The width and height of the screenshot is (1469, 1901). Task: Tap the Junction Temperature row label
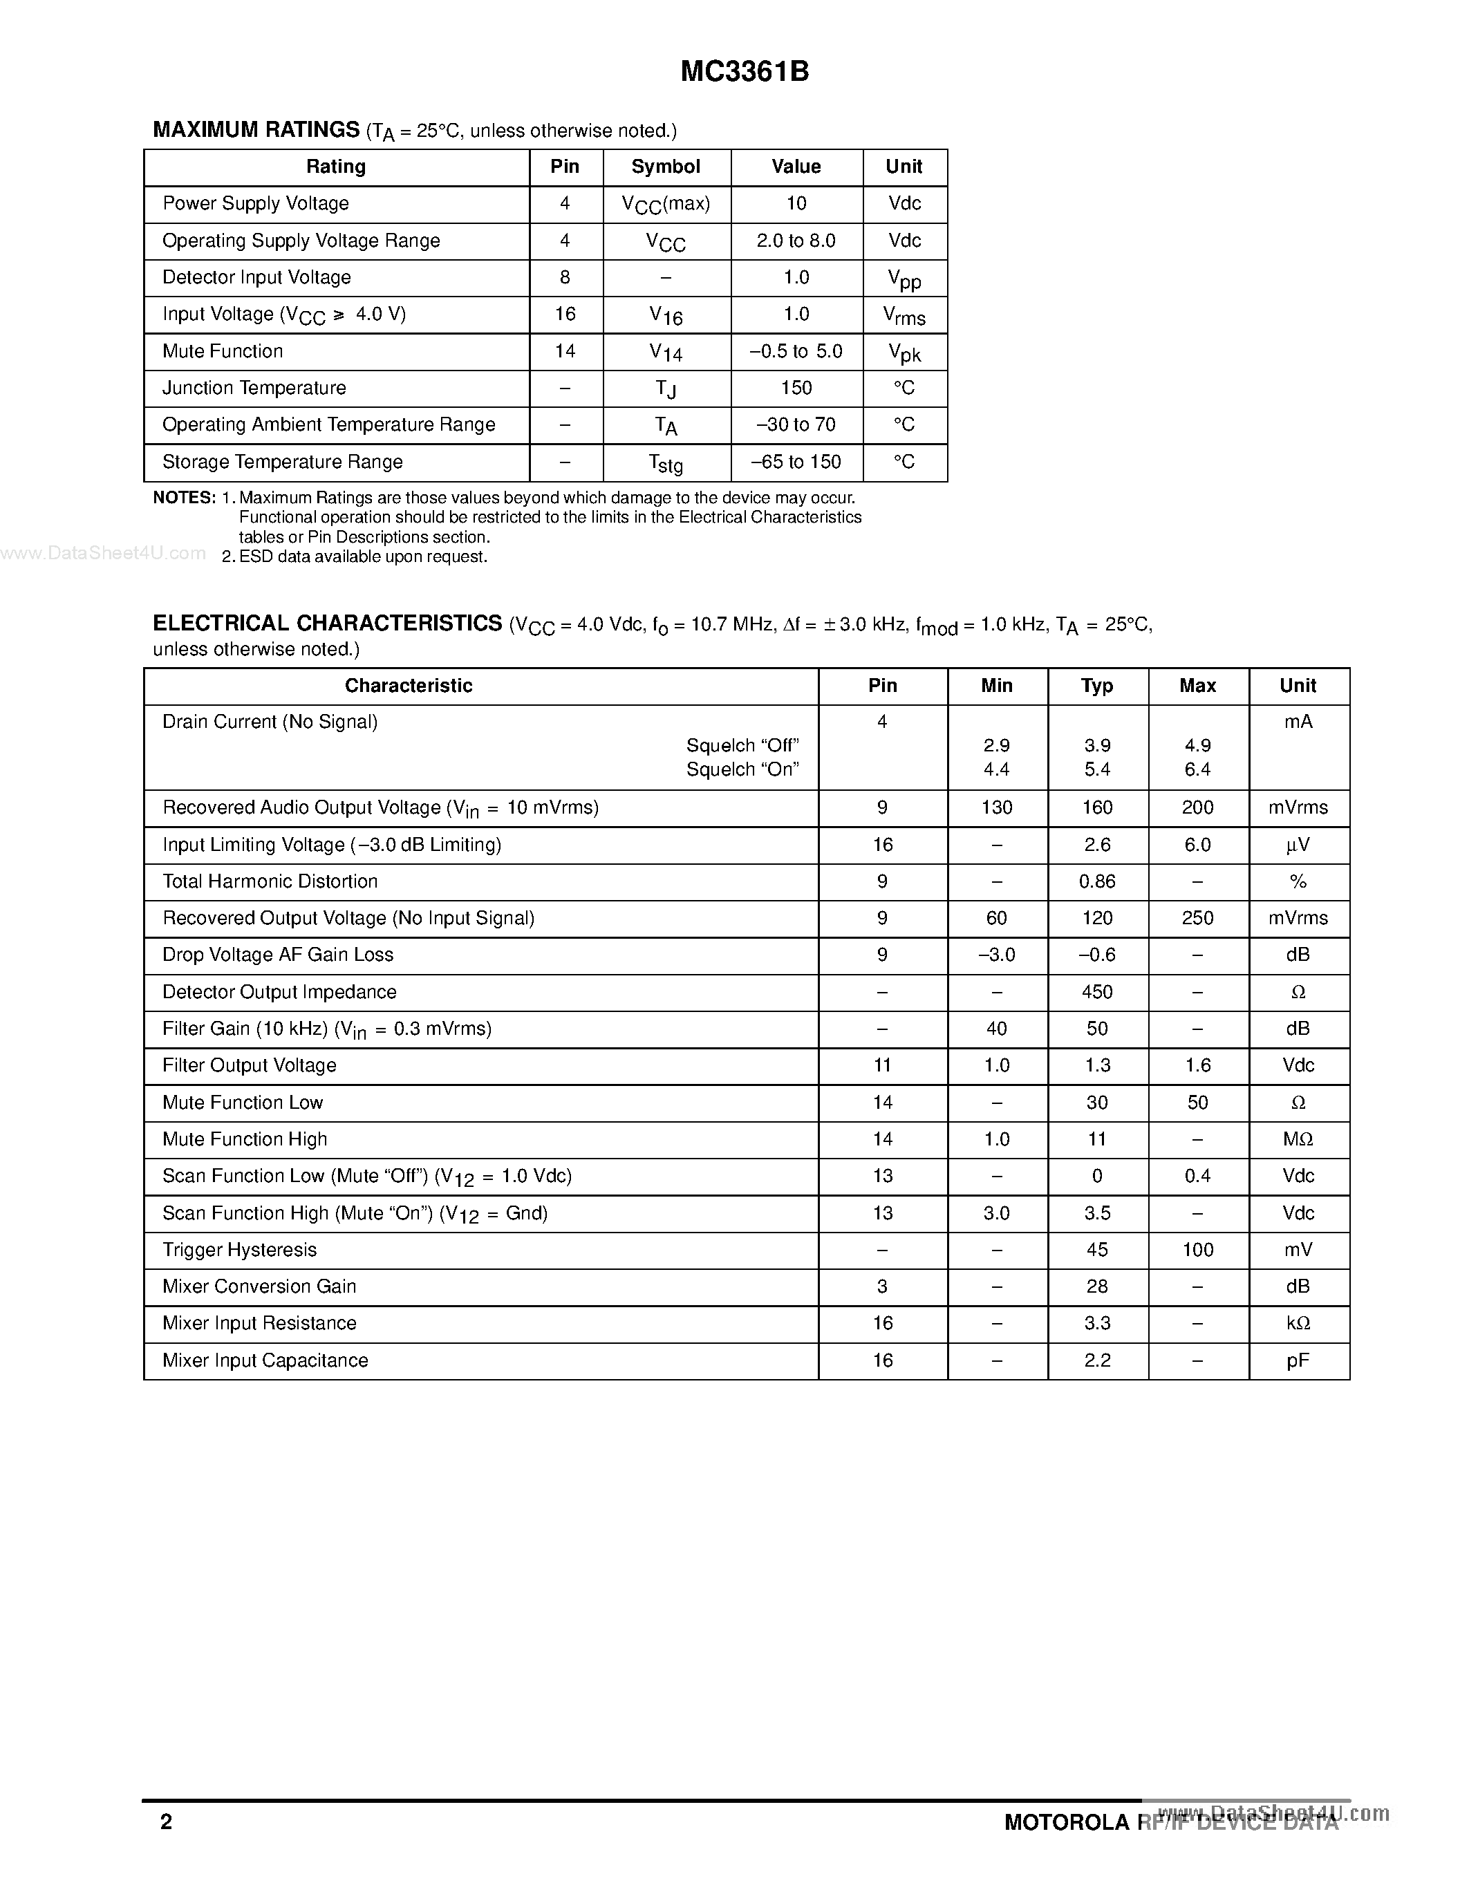click(254, 388)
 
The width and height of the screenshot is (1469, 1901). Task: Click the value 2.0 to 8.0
click(796, 241)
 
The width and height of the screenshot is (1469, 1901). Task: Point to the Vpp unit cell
click(904, 279)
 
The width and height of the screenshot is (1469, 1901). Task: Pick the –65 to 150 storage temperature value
click(796, 462)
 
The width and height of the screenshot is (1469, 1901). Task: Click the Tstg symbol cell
click(666, 464)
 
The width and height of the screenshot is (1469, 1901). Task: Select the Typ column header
click(1096, 686)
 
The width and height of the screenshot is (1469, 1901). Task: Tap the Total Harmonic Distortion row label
click(270, 882)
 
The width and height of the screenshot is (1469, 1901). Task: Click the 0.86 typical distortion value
click(1096, 882)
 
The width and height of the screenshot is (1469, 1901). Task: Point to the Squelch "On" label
click(742, 769)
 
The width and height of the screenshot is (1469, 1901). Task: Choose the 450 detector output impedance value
click(1096, 992)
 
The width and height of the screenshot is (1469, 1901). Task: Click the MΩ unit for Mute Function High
click(1298, 1139)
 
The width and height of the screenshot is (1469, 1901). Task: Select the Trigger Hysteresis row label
click(239, 1250)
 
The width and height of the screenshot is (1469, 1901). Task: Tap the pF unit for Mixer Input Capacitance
click(1298, 1360)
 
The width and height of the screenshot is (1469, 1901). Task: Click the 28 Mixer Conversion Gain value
click(1096, 1286)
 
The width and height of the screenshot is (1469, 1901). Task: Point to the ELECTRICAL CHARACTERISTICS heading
click(327, 624)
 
